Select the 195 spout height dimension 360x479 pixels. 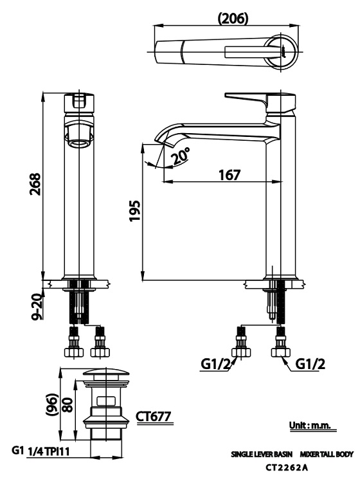click(x=134, y=210)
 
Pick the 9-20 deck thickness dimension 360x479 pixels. click(x=37, y=304)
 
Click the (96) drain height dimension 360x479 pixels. click(x=51, y=405)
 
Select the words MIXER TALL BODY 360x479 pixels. click(x=326, y=455)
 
